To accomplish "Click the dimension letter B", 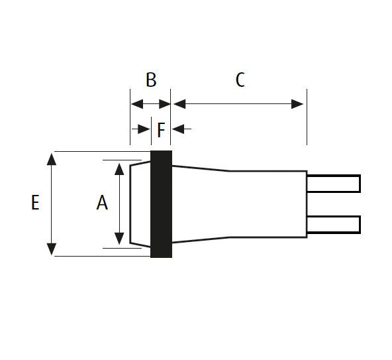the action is [x=151, y=80].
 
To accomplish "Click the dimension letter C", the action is [x=240, y=80].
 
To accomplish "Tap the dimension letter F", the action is [x=162, y=130].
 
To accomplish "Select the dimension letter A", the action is [x=102, y=202].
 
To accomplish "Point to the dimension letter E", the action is [x=35, y=202].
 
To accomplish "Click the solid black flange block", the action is [x=162, y=204].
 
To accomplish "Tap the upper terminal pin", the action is [x=334, y=184].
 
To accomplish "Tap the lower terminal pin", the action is [x=334, y=225].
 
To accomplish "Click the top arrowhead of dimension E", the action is [x=52, y=159].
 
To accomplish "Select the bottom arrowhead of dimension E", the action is [x=52, y=249].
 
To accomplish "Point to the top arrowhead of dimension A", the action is [x=119, y=169].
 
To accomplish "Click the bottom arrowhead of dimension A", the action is [x=119, y=239].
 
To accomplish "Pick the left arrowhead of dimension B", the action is [x=137, y=104].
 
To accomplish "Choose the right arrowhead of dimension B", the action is [x=165, y=104].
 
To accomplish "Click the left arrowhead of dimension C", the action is [x=179, y=104].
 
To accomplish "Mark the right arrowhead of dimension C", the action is [x=297, y=104].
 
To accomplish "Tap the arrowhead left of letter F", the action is [x=144, y=129].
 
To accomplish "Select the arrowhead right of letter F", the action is [x=178, y=129].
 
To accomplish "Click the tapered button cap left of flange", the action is [x=140, y=204].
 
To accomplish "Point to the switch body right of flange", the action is [x=239, y=204].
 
